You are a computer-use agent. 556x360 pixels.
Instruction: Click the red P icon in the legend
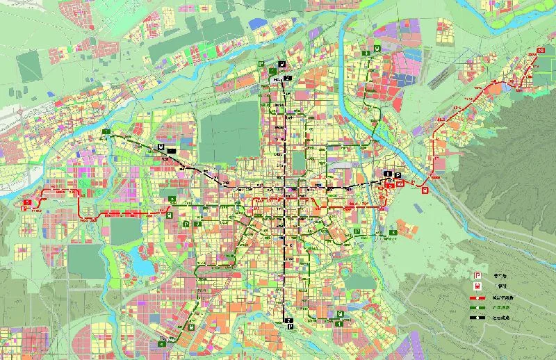[477, 276]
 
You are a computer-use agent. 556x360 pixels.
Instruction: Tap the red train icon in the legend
[477, 287]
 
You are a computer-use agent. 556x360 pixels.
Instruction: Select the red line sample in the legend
[477, 297]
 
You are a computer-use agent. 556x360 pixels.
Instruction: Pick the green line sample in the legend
[477, 307]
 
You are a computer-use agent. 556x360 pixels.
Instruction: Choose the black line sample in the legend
[477, 318]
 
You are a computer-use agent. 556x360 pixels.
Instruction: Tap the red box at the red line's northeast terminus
[541, 50]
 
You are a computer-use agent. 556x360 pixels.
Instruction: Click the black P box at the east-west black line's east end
[398, 174]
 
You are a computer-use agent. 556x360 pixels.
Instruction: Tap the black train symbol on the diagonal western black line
[161, 147]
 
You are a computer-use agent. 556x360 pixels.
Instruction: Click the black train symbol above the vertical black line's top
[282, 65]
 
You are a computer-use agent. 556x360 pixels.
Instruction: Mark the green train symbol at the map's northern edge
[376, 49]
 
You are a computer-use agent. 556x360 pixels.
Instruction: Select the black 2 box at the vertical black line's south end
[287, 320]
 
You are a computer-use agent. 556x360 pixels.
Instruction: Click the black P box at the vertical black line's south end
[292, 325]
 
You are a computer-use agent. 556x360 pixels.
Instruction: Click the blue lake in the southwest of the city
[142, 265]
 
